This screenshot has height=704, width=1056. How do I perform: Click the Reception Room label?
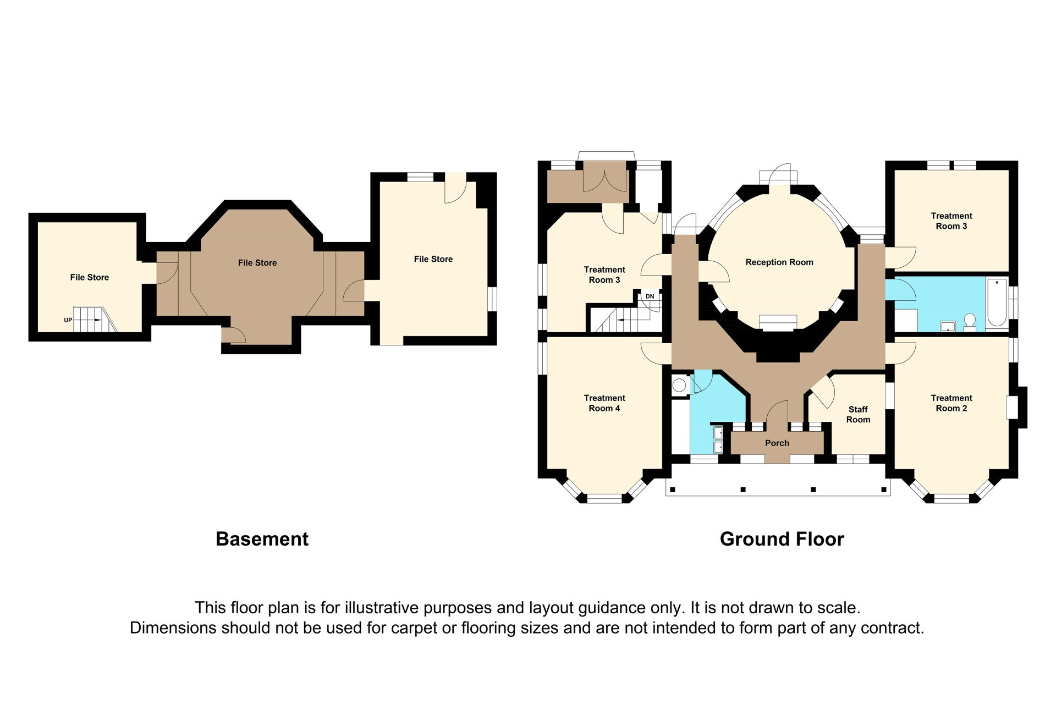pyautogui.click(x=779, y=262)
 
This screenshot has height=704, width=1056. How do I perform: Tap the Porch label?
pyautogui.click(x=777, y=443)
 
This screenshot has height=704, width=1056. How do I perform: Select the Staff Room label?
pyautogui.click(x=858, y=414)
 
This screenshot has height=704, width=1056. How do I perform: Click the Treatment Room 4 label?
pyautogui.click(x=604, y=403)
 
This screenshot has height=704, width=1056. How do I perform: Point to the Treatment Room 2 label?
pyautogui.click(x=952, y=403)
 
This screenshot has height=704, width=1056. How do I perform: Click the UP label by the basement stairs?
pyautogui.click(x=68, y=320)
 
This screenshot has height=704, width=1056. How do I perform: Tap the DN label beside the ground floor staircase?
pyautogui.click(x=650, y=296)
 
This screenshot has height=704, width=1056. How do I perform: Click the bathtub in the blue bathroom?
pyautogui.click(x=997, y=303)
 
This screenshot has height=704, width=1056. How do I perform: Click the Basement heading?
pyautogui.click(x=262, y=538)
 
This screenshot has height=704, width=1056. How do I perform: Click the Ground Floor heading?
pyautogui.click(x=782, y=538)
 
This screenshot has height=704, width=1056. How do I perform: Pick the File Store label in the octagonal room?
pyautogui.click(x=257, y=263)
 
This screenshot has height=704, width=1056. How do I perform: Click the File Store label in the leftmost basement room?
pyautogui.click(x=90, y=277)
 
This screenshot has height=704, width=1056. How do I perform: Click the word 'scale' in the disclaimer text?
pyautogui.click(x=838, y=608)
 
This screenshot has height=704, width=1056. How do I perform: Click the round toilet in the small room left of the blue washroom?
pyautogui.click(x=679, y=386)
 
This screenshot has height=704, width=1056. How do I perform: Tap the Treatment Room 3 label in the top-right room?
pyautogui.click(x=952, y=221)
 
